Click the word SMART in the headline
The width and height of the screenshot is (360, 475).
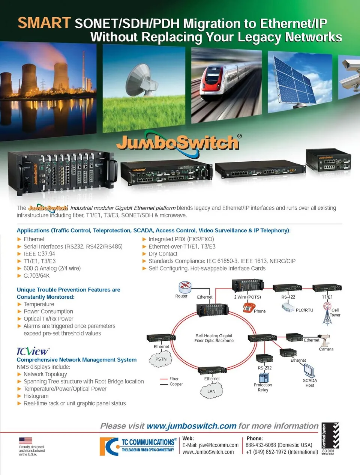[44, 23]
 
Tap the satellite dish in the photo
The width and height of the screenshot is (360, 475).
[139, 80]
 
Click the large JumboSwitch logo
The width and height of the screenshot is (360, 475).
[178, 143]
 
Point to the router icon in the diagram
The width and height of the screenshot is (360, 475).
[184, 287]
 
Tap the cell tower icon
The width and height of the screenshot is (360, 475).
[327, 314]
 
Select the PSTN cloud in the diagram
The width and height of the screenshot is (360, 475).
[161, 360]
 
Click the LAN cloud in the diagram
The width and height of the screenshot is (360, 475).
[211, 391]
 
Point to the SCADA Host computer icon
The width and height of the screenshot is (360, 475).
[309, 371]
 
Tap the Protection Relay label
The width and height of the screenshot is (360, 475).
[263, 387]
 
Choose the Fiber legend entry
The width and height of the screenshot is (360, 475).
[174, 379]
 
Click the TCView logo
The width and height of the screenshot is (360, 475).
[33, 351]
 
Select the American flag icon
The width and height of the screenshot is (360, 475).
[25, 440]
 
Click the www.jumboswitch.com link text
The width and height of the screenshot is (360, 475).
[191, 426]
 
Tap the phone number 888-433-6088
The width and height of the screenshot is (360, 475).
[261, 445]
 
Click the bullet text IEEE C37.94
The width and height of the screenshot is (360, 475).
[39, 254]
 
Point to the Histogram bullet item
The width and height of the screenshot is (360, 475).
[36, 396]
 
